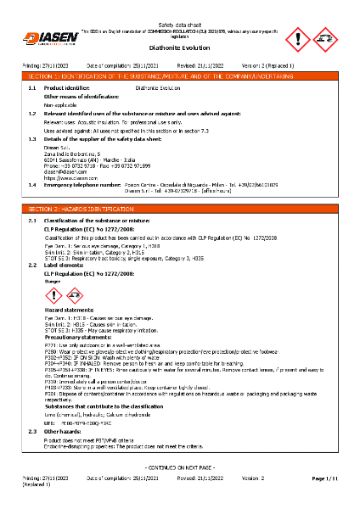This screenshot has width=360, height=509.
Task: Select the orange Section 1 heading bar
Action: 179,76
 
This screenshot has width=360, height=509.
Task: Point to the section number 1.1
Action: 31,87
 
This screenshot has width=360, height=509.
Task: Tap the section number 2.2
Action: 31,265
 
